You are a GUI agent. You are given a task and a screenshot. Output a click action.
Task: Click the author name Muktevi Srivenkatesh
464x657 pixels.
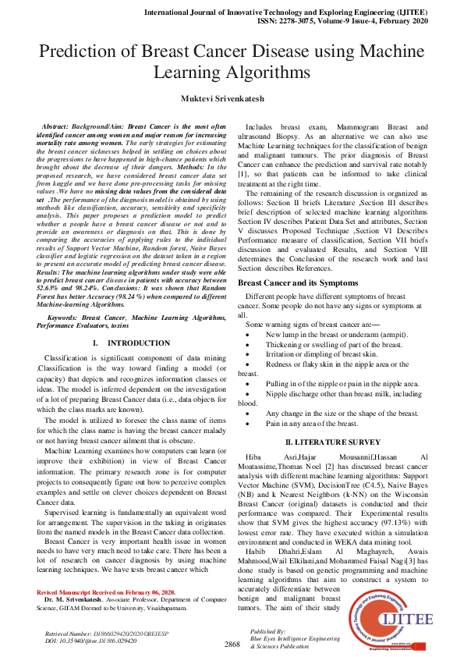point(232,98)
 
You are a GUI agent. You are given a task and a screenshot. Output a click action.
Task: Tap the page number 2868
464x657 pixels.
point(232,645)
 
